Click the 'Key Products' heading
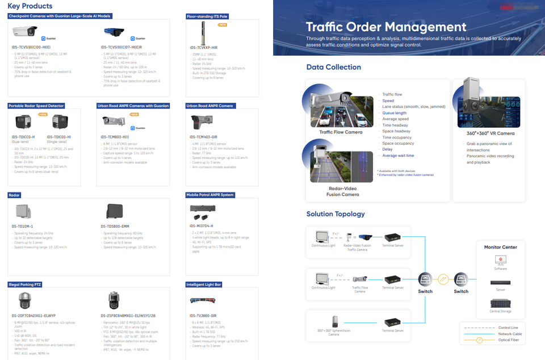[30, 6]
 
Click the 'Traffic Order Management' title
[385, 27]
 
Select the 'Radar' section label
[15, 195]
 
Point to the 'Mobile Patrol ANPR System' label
[210, 195]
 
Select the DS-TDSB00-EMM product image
[114, 212]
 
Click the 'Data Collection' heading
[333, 67]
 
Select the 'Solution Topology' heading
[336, 214]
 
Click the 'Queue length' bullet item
[394, 113]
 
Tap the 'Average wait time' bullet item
[398, 156]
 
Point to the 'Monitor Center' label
[500, 247]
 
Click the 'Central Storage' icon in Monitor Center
[500, 303]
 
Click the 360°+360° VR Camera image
[489, 103]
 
